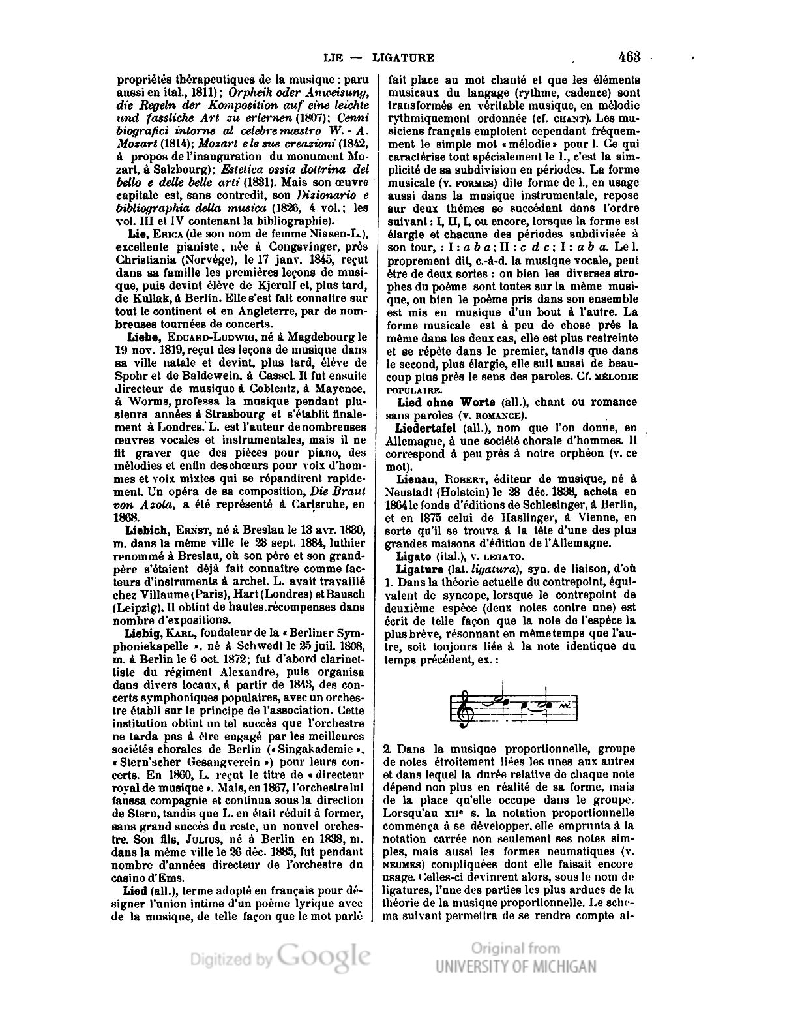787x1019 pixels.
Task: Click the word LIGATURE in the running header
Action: [403, 57]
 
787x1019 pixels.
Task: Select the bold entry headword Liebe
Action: [144, 337]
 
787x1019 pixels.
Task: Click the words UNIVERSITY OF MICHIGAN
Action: [516, 966]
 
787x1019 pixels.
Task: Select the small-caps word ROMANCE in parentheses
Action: [496, 416]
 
